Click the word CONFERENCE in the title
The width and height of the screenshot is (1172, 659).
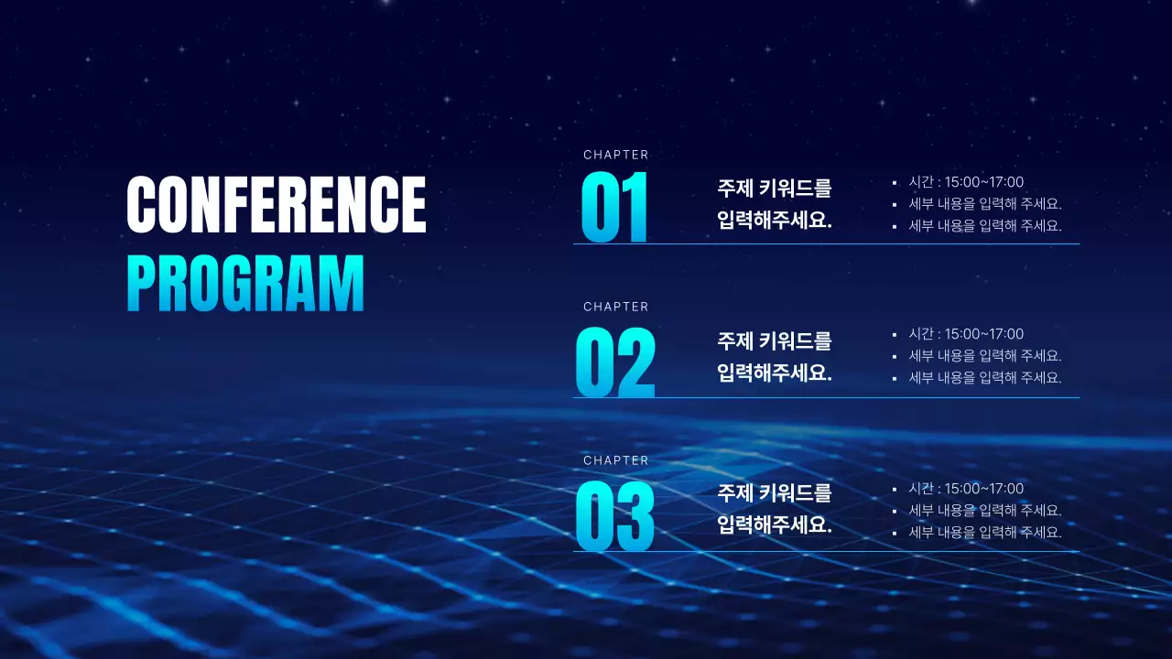point(277,204)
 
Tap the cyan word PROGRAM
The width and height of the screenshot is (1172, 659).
point(245,284)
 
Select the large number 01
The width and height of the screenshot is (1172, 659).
point(614,208)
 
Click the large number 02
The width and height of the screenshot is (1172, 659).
point(614,362)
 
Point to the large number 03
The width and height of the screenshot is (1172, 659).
point(614,517)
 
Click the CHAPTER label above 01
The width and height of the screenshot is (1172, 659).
point(615,155)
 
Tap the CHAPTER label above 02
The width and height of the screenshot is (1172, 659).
point(615,307)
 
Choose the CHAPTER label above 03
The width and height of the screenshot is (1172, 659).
point(615,460)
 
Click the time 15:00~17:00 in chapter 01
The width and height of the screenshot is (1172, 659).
point(983,182)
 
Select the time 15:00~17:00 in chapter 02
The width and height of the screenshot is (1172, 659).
point(983,334)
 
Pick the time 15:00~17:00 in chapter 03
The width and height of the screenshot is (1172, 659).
point(983,489)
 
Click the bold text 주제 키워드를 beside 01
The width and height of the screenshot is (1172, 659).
point(775,189)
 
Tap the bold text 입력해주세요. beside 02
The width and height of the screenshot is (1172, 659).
point(775,373)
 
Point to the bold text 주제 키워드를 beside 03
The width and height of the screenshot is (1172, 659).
point(775,493)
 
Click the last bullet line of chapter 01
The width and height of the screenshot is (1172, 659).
point(985,226)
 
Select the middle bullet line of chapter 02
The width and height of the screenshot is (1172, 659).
point(985,356)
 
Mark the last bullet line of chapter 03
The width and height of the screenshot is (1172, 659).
point(985,532)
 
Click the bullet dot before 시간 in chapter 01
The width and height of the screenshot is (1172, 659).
point(895,183)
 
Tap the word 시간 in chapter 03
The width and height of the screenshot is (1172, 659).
point(920,489)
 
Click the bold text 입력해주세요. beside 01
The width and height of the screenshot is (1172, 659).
point(775,221)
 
